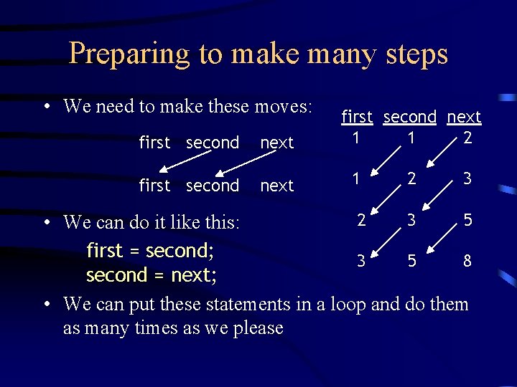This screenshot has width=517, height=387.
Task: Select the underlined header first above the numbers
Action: tap(357, 117)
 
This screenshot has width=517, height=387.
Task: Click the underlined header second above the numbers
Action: tap(409, 117)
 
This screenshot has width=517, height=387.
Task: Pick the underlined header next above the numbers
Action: tap(464, 117)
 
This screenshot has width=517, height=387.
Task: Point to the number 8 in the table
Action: tap(467, 262)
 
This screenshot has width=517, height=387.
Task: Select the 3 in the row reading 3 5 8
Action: tap(361, 262)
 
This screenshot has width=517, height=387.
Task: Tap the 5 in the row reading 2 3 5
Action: tap(467, 220)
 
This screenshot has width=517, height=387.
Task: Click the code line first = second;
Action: tap(151, 251)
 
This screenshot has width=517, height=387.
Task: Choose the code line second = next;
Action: tap(152, 275)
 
